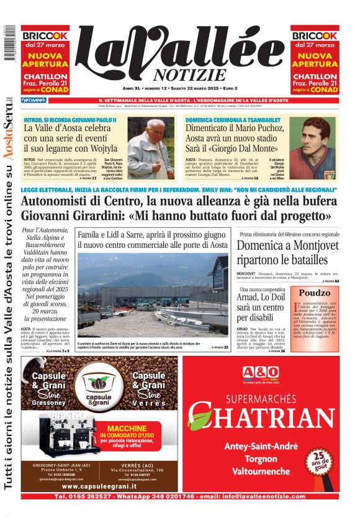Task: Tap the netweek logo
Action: [34, 100]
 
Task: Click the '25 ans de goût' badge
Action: [317, 462]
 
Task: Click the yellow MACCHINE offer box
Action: [135, 437]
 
